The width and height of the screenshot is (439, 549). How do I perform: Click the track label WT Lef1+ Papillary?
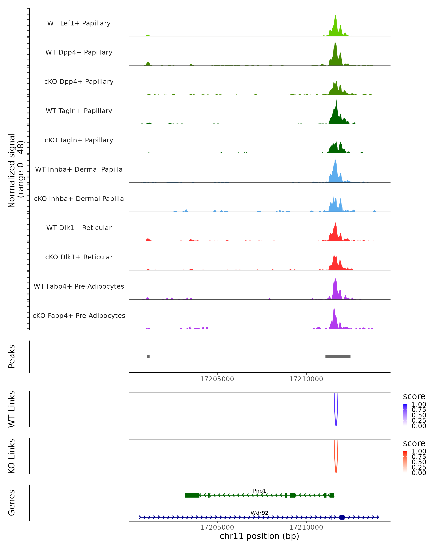pos(79,23)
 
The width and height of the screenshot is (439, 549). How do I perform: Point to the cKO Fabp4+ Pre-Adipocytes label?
pos(79,315)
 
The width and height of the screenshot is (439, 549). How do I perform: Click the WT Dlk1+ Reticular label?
pos(79,228)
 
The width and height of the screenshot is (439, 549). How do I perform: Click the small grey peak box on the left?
pos(148,356)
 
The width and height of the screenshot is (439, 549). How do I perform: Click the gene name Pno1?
pos(259,491)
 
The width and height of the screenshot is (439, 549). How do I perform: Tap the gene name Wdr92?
pos(259,513)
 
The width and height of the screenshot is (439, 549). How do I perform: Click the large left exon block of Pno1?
pos(192,495)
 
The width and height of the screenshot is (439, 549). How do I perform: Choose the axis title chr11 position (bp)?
pos(259,536)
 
